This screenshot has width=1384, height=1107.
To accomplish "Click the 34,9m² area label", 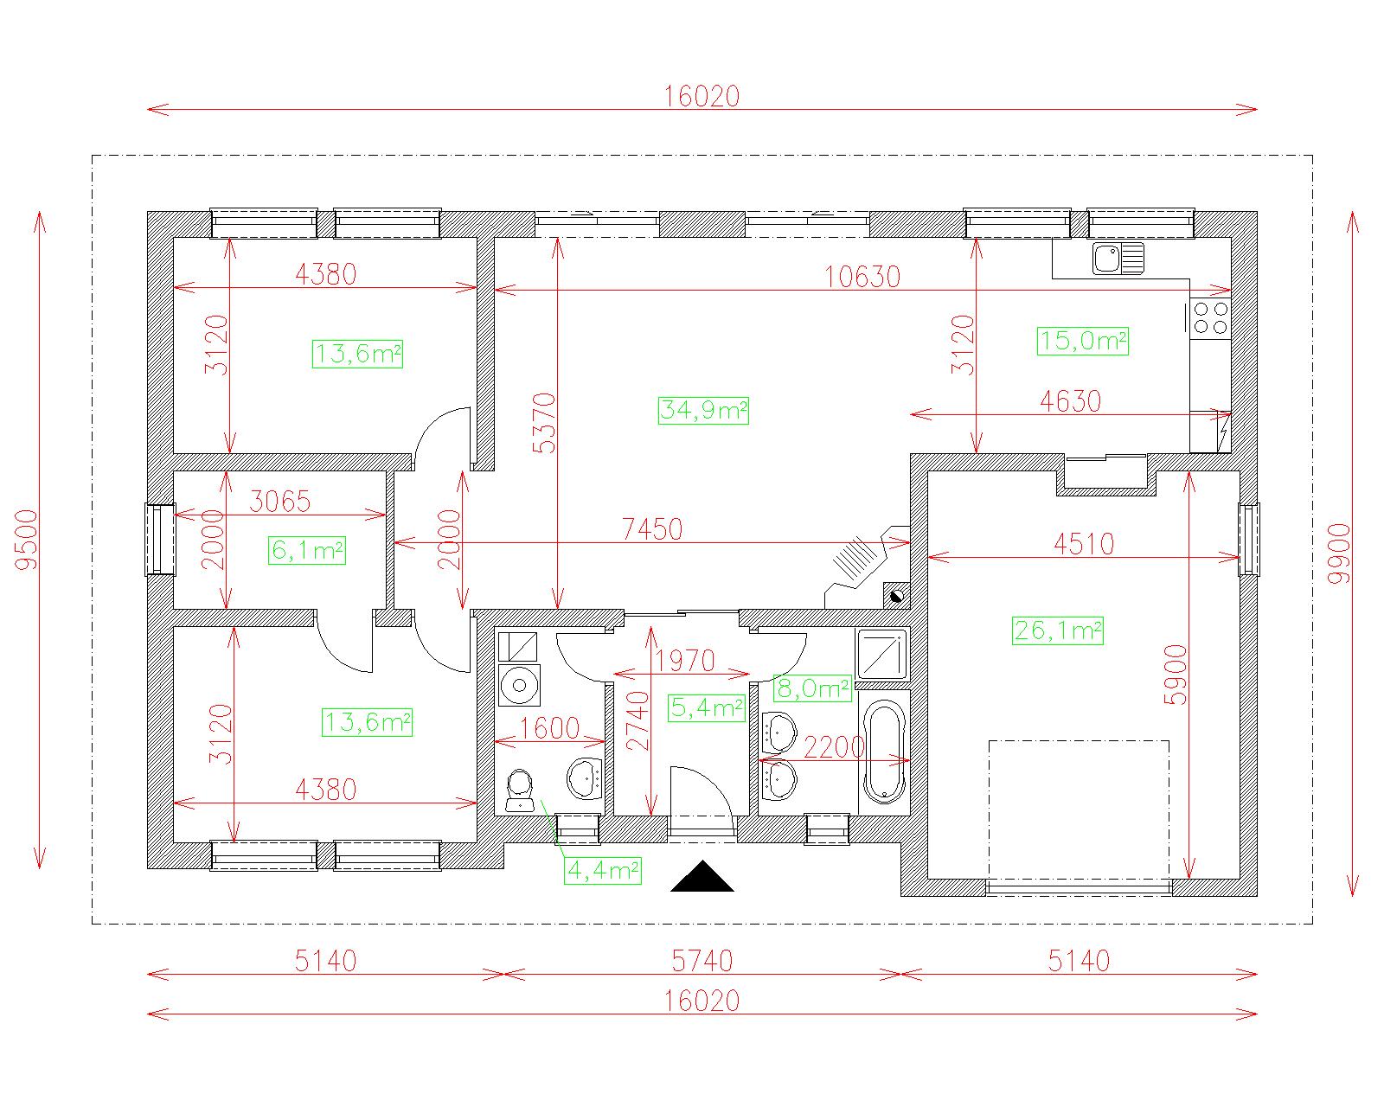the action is [x=703, y=411].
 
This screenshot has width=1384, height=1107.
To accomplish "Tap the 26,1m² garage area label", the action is [x=1057, y=630].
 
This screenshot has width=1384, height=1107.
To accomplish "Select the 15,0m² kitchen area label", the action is [x=1082, y=341].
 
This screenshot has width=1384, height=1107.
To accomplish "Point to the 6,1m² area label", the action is [x=307, y=551].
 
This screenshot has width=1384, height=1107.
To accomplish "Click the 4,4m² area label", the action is [x=603, y=870].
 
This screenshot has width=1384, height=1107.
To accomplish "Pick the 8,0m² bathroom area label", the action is [x=812, y=688].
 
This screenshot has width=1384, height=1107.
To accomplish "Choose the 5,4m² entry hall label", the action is [x=706, y=707].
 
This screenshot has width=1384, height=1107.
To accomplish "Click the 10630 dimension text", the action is [x=862, y=278].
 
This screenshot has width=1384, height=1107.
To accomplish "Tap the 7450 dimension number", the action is [x=651, y=529].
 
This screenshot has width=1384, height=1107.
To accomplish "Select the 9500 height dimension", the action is [x=28, y=540].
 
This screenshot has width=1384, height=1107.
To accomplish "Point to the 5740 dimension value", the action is [x=702, y=961].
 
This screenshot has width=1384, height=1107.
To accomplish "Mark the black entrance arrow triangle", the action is [x=702, y=876].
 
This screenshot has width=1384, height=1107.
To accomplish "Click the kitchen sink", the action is [x=1118, y=259].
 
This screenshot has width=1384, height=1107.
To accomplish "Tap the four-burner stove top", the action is [x=1210, y=317].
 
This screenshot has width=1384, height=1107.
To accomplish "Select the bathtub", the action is [x=884, y=752].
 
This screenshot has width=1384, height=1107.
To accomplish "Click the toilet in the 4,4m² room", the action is [x=520, y=791].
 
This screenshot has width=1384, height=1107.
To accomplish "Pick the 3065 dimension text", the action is [x=279, y=502].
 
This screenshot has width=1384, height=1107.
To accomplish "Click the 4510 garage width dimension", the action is [x=1084, y=544].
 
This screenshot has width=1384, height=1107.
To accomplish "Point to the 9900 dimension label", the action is [x=1340, y=553].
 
